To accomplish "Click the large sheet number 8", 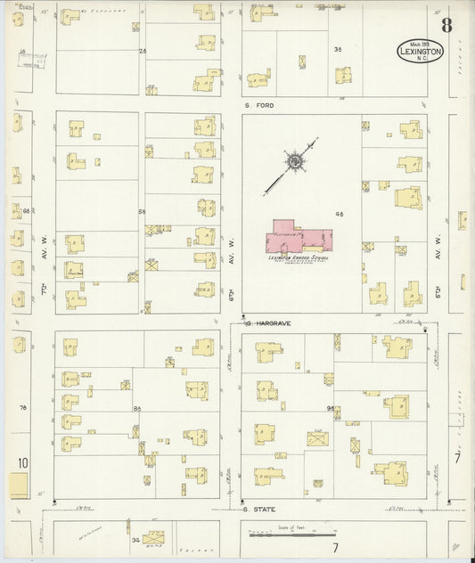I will click(x=446, y=24).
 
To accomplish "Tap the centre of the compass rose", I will click(x=293, y=160).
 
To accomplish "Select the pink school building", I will click(x=300, y=239).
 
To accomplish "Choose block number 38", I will click(x=337, y=49).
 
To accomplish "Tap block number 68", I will click(x=27, y=211).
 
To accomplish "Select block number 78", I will click(x=25, y=407).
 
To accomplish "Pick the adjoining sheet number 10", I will click(x=22, y=462).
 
